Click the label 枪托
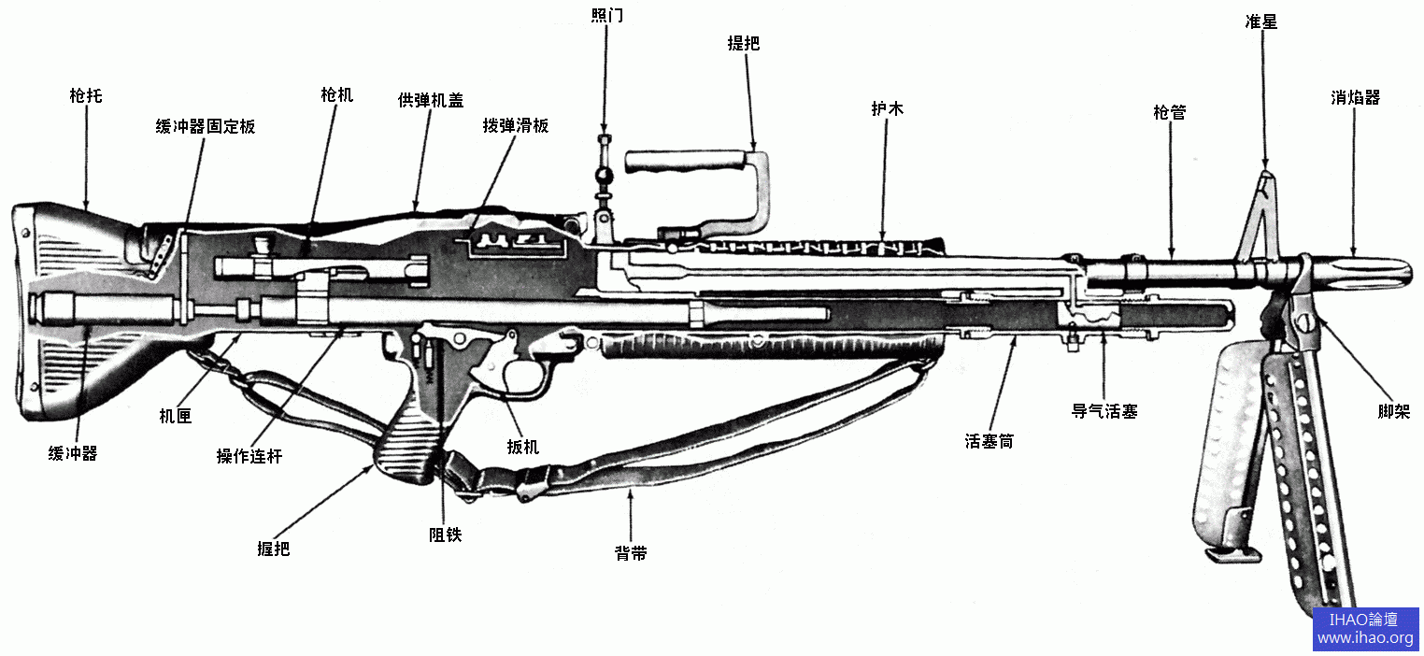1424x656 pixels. tap(86, 95)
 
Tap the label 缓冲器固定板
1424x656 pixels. tap(205, 126)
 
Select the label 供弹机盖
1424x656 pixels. tap(430, 100)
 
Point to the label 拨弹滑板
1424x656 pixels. tap(515, 125)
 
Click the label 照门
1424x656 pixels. tap(606, 16)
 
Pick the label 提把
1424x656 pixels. tap(743, 43)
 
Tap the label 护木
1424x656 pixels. tap(887, 109)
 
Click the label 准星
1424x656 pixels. tap(1261, 21)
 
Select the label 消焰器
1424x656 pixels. tap(1355, 97)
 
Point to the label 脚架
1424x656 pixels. tap(1393, 411)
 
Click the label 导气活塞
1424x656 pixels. tap(1104, 411)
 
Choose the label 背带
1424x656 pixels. tap(631, 553)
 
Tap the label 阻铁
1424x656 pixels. tap(445, 535)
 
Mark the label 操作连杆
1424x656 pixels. tap(249, 456)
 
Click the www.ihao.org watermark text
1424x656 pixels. tap(1365, 638)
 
